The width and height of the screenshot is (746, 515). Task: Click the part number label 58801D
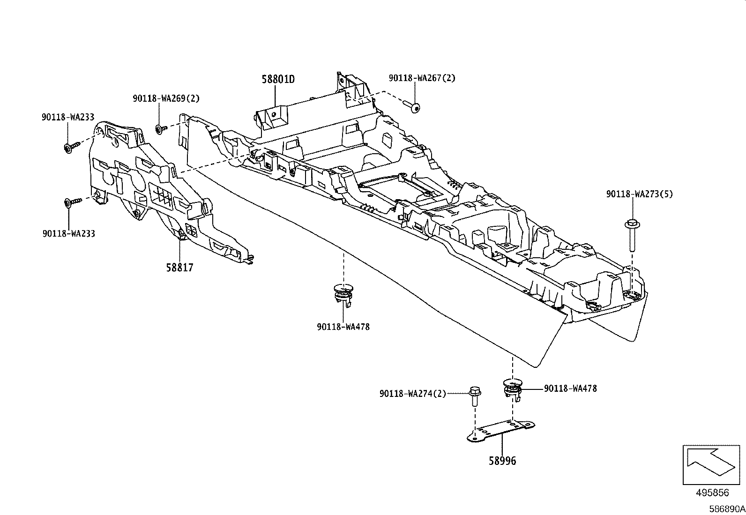pos(278,79)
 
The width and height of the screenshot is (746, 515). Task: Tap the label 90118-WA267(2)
pos(421,78)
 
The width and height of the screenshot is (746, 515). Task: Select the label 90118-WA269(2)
pos(165,98)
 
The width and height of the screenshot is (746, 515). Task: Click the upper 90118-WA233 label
pos(68,119)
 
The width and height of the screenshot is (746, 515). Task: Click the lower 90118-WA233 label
pos(68,233)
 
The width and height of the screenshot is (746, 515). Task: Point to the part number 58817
pos(179,268)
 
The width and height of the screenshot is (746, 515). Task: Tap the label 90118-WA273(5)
pos(639,194)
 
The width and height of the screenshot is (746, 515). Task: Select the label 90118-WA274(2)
pos(412,394)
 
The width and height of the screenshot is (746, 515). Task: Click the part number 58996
pos(502,461)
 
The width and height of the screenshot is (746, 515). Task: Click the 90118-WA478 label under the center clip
pos(343,327)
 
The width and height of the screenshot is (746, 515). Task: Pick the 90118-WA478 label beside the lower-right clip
pos(570,388)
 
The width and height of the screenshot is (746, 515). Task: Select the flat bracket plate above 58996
pos(501,431)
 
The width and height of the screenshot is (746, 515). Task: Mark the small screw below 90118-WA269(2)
pos(161,129)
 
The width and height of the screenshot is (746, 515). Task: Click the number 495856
pos(712,493)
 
